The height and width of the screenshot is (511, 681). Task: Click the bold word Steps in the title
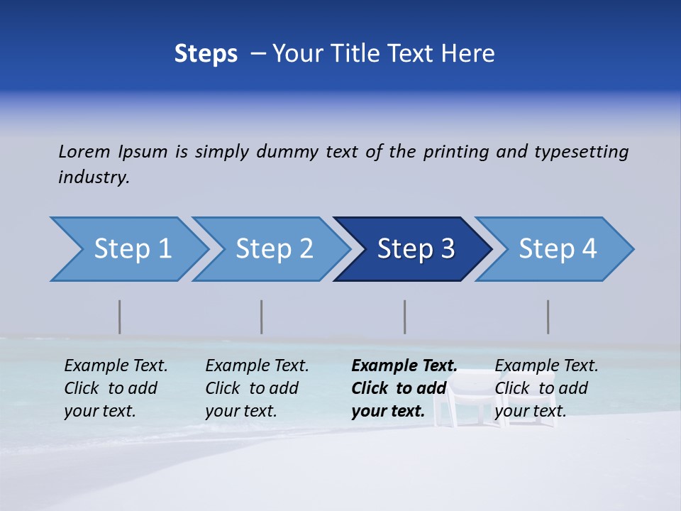point(206,54)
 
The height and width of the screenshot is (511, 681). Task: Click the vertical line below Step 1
point(120,317)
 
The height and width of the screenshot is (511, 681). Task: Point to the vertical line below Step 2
point(262,317)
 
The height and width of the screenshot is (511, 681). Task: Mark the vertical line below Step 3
point(405,317)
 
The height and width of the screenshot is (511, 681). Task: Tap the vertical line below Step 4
point(548,317)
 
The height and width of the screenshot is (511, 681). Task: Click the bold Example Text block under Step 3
point(404,388)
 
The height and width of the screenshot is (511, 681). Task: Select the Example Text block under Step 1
point(115,388)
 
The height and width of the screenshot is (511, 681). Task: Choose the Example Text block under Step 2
point(256,388)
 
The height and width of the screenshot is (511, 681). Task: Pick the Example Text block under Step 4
point(546,388)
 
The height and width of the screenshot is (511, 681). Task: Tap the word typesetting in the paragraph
point(581,152)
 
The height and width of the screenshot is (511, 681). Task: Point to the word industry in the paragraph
point(93,177)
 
